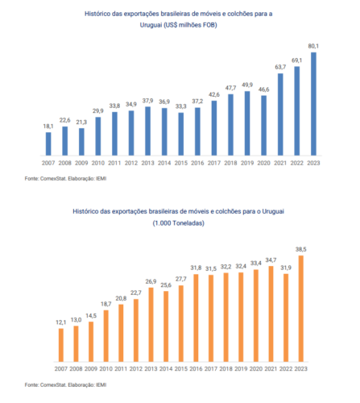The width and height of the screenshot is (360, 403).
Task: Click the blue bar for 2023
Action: tap(313, 104)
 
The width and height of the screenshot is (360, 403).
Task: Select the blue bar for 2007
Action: tap(48, 143)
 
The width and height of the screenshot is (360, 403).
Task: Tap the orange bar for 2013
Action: tap(151, 325)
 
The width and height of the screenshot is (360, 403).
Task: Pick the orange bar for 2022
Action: tap(286, 318)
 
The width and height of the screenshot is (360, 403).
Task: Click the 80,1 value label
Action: tap(313, 46)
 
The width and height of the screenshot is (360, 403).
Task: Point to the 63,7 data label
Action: tap(280, 67)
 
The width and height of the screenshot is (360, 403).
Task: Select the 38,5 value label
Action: tap(301, 249)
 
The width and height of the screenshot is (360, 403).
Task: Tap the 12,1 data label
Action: tap(61, 322)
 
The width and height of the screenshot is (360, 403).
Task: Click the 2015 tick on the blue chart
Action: tap(181, 163)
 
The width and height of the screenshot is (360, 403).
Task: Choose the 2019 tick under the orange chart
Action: tap(241, 369)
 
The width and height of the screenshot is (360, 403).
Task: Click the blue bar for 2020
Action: tap(264, 126)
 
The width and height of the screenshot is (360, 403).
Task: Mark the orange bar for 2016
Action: tap(196, 318)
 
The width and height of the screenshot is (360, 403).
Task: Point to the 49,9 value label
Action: tap(247, 85)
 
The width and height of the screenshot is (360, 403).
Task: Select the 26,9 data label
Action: tap(151, 281)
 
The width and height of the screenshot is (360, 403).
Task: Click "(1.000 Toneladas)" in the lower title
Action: tap(179, 223)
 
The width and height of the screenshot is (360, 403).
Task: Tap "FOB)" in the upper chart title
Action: tap(210, 25)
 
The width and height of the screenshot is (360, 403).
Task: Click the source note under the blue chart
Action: tap(65, 178)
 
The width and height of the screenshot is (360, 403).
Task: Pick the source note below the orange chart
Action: tap(65, 384)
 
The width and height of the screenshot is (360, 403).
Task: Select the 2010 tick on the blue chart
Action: tap(98, 163)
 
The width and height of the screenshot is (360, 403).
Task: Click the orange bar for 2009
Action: tap(91, 342)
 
